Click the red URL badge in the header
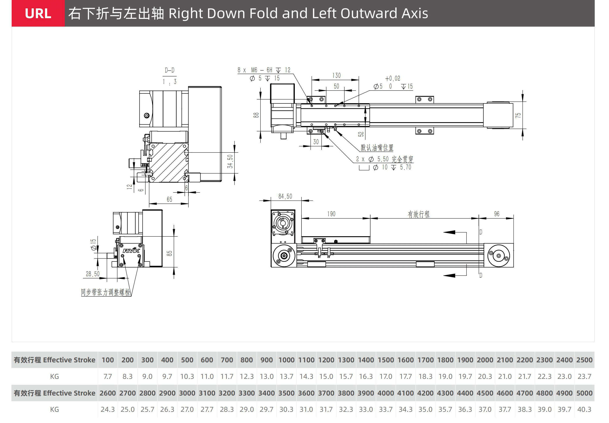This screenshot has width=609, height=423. (38, 13)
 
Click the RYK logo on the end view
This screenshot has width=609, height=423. (131, 251)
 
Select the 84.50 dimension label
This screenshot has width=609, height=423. (285, 196)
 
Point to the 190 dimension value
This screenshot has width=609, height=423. (331, 214)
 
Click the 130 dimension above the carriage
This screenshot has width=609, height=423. (336, 76)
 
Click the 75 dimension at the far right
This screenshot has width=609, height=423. (518, 115)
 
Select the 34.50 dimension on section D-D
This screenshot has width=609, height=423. (230, 162)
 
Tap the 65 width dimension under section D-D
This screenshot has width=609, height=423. (169, 199)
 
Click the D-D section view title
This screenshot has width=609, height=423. (170, 70)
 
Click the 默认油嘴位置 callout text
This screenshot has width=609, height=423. (377, 148)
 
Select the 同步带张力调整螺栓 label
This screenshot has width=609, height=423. (105, 292)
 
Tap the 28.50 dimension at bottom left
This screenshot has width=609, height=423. (92, 274)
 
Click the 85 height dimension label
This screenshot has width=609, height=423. (169, 253)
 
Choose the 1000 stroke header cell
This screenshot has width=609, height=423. (286, 360)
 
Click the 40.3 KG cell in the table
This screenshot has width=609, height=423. (584, 409)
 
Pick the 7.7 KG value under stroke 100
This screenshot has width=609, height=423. (108, 377)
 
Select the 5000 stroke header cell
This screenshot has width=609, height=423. (584, 393)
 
